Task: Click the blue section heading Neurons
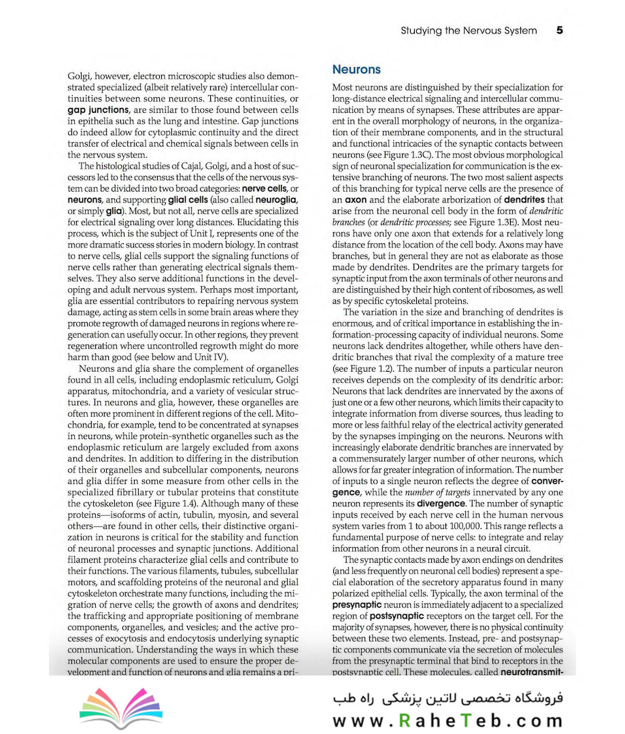coord(356,69)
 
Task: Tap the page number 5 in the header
coord(559,31)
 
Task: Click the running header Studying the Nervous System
coord(469,31)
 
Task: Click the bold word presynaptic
coord(359,604)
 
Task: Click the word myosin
coord(245,515)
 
